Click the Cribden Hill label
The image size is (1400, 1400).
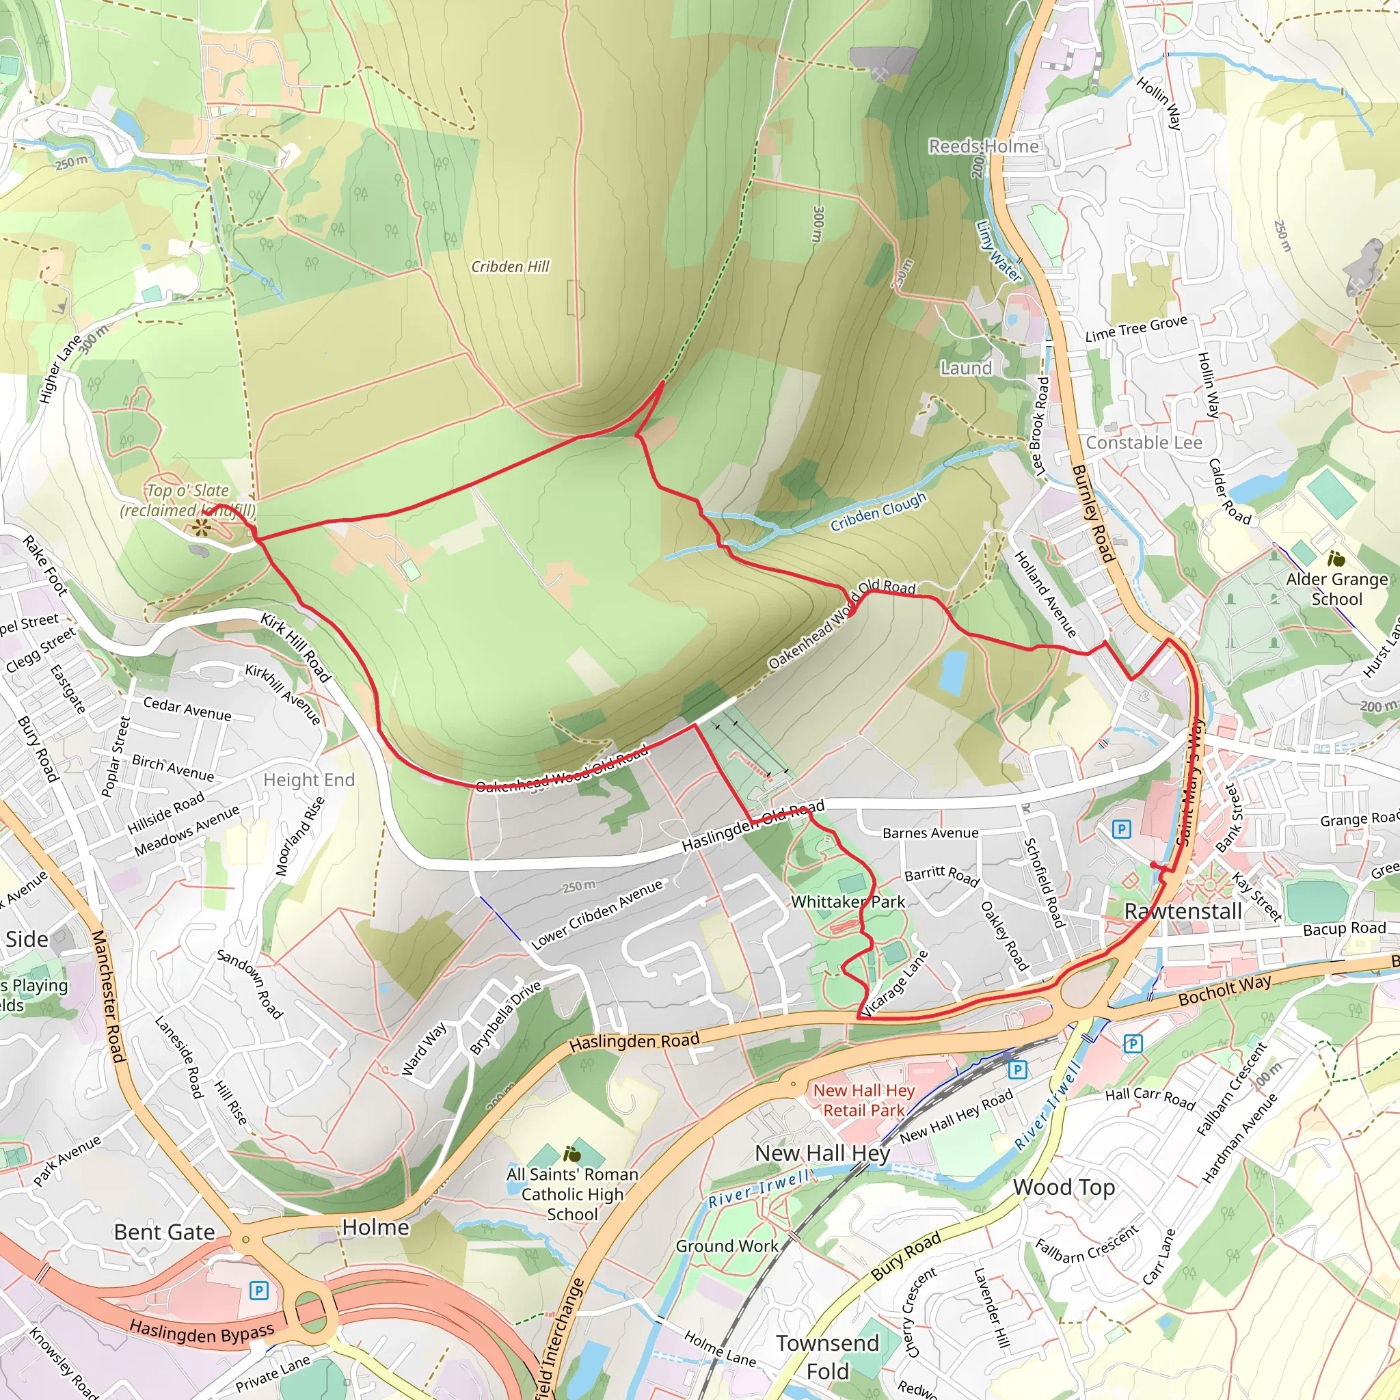point(510,267)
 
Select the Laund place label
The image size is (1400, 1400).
point(966,368)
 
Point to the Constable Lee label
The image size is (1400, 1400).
point(1144,443)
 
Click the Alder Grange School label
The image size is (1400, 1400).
point(1337,589)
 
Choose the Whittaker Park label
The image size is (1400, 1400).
point(848,902)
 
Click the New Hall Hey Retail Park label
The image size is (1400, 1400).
point(864,1100)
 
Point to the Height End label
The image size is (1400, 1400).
point(309,780)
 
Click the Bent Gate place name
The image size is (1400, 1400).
point(165,1232)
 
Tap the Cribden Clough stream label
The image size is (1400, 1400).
point(878,511)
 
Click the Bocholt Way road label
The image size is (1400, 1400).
point(1224,990)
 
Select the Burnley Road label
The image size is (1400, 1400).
point(1092,513)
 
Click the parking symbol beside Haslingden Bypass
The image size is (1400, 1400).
point(258,1290)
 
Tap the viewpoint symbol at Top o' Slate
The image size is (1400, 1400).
point(202,528)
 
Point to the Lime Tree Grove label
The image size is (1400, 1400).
point(1136,328)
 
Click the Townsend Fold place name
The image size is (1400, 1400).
point(828,1356)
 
